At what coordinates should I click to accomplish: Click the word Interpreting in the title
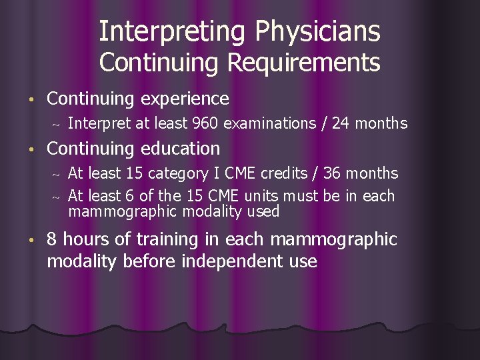(162, 31)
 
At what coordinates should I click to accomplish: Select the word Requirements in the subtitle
(304, 63)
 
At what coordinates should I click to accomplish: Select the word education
(178, 148)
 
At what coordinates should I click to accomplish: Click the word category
(176, 173)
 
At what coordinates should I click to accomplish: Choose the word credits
(287, 173)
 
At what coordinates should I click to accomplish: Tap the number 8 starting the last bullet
(52, 239)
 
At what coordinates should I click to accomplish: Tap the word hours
(89, 239)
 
